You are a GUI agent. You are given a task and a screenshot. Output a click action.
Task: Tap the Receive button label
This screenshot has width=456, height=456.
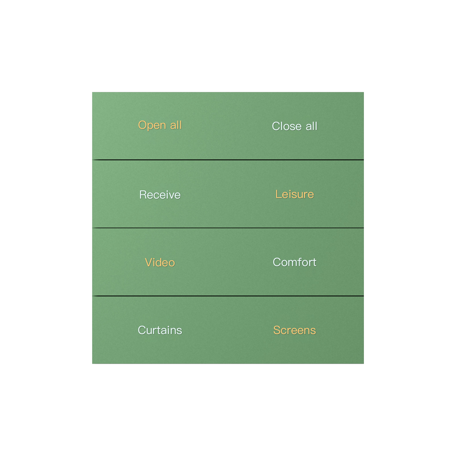coord(160,194)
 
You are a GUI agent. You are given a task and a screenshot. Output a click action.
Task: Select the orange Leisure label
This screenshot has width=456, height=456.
coord(294,194)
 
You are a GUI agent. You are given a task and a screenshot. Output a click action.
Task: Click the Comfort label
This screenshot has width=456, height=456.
coord(294,262)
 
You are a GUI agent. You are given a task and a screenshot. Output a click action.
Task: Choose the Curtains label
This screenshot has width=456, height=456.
coord(160,330)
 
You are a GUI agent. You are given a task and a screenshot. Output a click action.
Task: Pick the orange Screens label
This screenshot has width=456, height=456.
coord(294,330)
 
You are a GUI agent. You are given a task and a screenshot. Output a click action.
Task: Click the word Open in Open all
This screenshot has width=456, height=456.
coord(152,125)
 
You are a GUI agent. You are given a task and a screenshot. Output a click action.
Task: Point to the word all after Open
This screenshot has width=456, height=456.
coord(176,125)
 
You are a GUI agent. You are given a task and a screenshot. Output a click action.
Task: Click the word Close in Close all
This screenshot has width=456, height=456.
coord(287,126)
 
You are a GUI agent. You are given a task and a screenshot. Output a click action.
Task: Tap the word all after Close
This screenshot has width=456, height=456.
coord(311,126)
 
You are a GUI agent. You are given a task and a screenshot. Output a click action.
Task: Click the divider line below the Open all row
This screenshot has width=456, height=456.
coord(228,160)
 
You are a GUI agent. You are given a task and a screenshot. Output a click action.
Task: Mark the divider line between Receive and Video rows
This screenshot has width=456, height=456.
coord(228,228)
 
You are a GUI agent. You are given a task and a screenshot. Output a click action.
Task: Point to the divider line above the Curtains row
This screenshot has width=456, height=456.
coord(228,296)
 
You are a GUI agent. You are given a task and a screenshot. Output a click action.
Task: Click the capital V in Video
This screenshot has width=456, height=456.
coord(149,262)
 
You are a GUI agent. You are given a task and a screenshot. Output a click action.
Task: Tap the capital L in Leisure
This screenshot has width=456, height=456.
coord(279,194)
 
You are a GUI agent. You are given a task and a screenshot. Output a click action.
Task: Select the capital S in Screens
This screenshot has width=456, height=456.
coord(277,330)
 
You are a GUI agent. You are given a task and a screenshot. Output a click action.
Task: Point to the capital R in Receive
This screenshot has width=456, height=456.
coord(143,194)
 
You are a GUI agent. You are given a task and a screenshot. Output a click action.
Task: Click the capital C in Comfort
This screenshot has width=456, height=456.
coord(277,262)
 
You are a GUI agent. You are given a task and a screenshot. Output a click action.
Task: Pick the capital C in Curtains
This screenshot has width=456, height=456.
coord(142,330)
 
